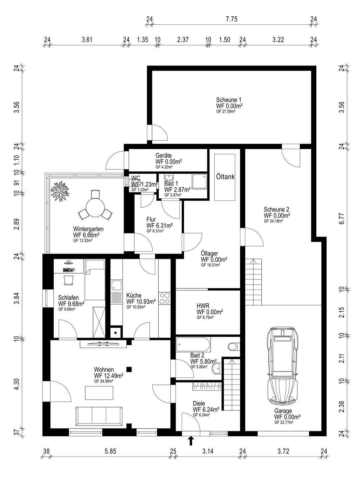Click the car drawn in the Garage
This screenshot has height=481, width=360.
[283, 365]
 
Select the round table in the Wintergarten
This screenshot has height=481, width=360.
[95, 207]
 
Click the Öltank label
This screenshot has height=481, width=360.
[225, 177]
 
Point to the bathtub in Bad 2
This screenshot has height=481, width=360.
[193, 345]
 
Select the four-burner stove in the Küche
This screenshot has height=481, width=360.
[164, 298]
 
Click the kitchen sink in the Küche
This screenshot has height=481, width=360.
[117, 292]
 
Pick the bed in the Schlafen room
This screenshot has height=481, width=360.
[95, 280]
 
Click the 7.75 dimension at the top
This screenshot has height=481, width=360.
[231, 19]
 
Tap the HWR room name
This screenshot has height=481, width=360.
[203, 306]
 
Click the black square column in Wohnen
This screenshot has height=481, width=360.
[129, 369]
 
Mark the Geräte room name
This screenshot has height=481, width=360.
[163, 155]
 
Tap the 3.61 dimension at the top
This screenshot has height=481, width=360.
[87, 40]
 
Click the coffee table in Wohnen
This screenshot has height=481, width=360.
[99, 393]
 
